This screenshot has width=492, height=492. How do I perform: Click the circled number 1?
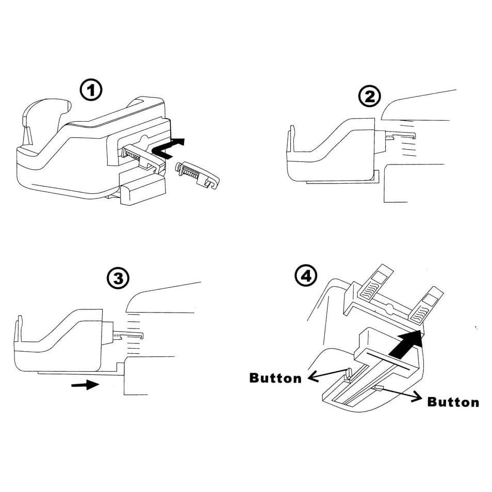point(91,90)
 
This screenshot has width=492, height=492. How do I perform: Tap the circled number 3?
point(118,278)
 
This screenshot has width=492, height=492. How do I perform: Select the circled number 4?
point(306,276)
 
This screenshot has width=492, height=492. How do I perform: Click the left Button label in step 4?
point(275,378)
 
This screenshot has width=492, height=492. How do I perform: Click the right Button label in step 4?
point(453,402)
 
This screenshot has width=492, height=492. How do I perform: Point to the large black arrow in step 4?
point(405,344)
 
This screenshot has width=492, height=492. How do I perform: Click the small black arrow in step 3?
point(85,384)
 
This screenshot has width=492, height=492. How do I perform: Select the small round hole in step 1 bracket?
point(144,139)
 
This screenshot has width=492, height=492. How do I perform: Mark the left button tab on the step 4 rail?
point(348,374)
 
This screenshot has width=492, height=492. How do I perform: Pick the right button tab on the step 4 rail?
point(378,388)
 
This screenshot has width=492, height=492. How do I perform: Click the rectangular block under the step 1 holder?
point(143,189)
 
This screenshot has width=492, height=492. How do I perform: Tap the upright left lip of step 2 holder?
point(291,139)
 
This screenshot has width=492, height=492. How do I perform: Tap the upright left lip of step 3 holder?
point(19,328)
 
